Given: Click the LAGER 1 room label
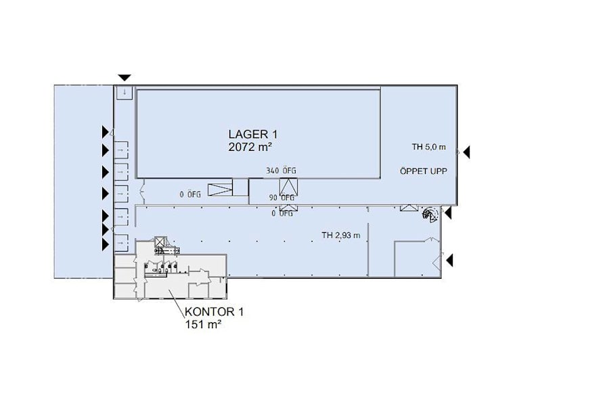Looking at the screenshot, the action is [x=253, y=135].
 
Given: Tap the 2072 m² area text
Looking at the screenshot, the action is [x=250, y=148].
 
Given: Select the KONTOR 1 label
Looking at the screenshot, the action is [x=214, y=311].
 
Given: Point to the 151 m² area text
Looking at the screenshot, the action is [x=203, y=324].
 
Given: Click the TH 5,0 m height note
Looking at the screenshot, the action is [x=429, y=148].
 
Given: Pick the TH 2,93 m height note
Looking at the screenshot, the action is [x=340, y=235].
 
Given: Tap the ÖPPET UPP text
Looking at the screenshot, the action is [x=424, y=171].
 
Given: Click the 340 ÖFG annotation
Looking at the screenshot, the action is [x=281, y=171].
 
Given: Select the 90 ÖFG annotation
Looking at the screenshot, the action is [x=282, y=198].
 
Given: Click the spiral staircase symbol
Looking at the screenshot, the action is [x=430, y=214].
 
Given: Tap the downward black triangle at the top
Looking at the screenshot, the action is [x=125, y=78].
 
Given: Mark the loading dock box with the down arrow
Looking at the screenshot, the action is [x=125, y=93].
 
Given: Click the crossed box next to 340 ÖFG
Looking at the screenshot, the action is [x=288, y=187].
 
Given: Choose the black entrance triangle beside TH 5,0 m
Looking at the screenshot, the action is [x=466, y=152].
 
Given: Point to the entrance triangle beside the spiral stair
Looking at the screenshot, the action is [x=448, y=213].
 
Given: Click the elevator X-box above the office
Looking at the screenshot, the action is [x=160, y=242].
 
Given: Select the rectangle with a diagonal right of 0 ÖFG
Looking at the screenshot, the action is [x=220, y=189].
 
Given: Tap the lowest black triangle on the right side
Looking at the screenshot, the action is [x=449, y=261].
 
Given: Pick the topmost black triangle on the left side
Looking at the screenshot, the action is [x=106, y=132].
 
